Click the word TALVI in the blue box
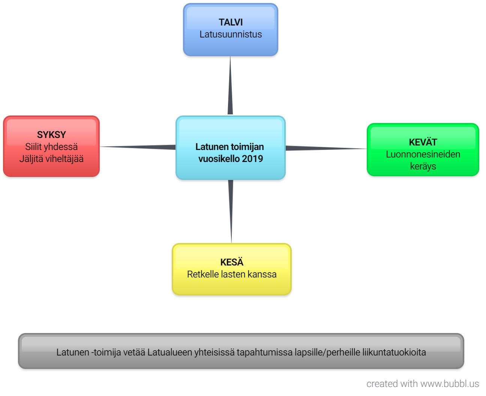(x=231, y=22)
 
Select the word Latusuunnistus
(x=231, y=34)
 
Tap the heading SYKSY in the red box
(x=51, y=135)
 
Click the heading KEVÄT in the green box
(x=423, y=142)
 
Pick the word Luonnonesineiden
(x=423, y=154)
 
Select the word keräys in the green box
(x=423, y=166)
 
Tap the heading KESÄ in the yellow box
(x=232, y=262)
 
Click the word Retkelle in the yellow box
(x=203, y=274)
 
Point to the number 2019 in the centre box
(x=252, y=159)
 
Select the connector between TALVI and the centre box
(x=230, y=86)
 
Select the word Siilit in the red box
(x=33, y=147)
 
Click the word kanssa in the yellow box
(x=264, y=274)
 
